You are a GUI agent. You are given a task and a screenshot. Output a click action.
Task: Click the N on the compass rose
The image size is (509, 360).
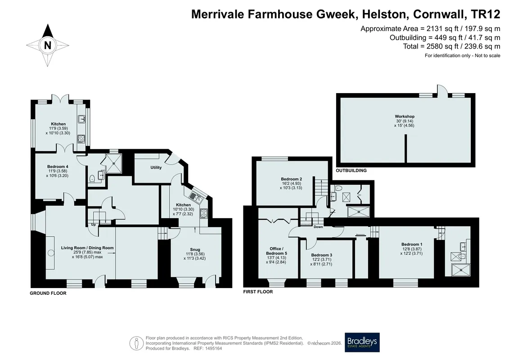[48, 45]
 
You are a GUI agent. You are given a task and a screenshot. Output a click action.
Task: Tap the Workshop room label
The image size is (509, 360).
[405, 116]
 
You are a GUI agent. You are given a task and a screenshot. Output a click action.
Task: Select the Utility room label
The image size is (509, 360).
[156, 167]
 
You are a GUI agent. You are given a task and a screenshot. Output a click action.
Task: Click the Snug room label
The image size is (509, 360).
[195, 250]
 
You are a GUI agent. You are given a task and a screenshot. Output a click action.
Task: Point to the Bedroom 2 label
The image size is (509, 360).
[292, 179]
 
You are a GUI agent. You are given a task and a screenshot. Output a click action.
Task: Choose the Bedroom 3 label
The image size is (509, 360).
[321, 255]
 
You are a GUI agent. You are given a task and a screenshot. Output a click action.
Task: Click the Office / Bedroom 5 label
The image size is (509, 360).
[277, 251]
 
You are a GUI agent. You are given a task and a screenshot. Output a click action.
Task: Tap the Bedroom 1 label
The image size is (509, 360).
[412, 244]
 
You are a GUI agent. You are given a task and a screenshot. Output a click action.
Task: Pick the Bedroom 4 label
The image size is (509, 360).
[58, 166]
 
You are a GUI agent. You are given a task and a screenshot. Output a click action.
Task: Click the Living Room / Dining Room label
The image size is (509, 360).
[87, 247]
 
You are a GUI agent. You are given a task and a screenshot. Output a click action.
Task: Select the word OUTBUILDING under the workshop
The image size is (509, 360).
[351, 171]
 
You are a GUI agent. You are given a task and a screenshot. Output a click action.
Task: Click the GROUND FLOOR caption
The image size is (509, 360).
[48, 293]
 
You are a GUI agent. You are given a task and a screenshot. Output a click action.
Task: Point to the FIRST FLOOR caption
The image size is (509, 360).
[258, 292]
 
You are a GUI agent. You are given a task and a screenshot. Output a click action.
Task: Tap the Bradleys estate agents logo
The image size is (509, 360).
[362, 342]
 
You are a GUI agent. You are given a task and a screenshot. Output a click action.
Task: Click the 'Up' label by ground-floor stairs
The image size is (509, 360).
[93, 225]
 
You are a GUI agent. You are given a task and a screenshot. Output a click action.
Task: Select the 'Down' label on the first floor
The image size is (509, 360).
[318, 227]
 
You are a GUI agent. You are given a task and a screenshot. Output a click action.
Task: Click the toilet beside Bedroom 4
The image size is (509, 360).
[92, 178]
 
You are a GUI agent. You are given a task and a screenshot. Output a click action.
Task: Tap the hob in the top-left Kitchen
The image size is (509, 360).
[81, 139]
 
